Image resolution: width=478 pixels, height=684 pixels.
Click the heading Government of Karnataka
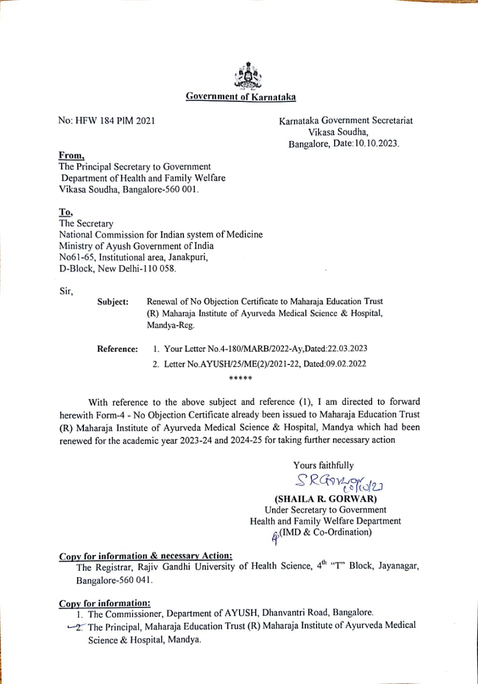click(x=241, y=97)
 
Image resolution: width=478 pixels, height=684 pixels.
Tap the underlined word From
click(x=71, y=156)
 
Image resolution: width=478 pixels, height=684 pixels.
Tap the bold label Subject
click(x=113, y=302)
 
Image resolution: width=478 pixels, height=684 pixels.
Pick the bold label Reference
click(x=117, y=349)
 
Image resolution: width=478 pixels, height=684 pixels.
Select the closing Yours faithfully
click(x=323, y=465)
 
